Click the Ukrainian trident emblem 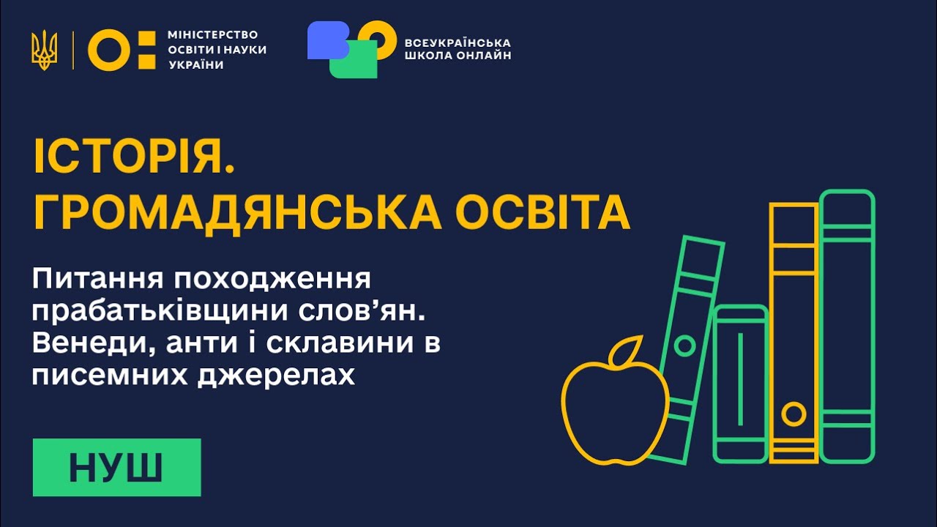click(44, 51)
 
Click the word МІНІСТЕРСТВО click(212, 35)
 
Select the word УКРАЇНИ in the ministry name click(195, 64)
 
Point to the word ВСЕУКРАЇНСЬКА click(458, 42)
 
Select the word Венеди click(80, 343)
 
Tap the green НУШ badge click(116, 467)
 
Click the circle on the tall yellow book click(793, 414)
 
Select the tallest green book click(847, 326)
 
